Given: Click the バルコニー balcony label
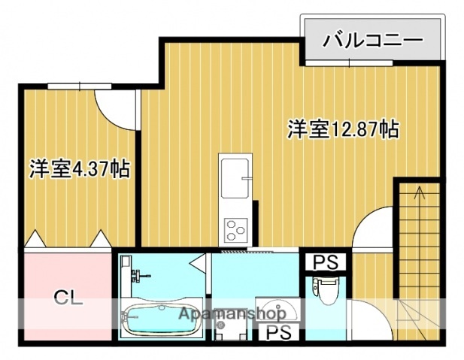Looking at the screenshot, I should pyautogui.click(x=372, y=41).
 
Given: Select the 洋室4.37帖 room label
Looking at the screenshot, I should pyautogui.click(x=79, y=168).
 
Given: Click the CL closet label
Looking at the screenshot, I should pyautogui.click(x=68, y=296).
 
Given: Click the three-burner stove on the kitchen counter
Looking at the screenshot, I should pyautogui.click(x=236, y=226).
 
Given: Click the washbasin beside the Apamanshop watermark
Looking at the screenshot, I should pyautogui.click(x=281, y=313).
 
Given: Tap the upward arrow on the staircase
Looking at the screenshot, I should pyautogui.click(x=419, y=197).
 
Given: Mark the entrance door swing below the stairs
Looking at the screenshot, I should pyautogui.click(x=372, y=319).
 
